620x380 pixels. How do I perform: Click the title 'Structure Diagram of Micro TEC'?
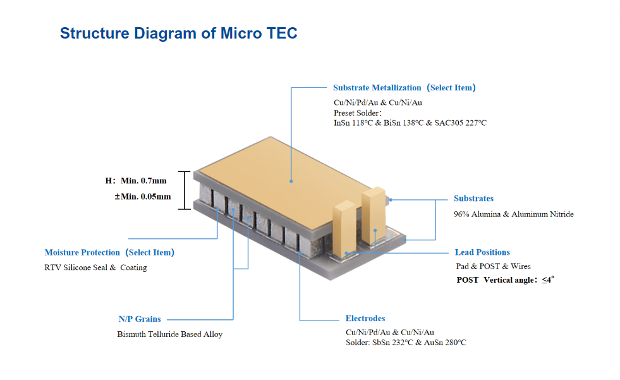(x=178, y=34)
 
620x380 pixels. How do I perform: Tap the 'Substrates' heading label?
(x=473, y=199)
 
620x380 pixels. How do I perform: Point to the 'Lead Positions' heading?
(x=482, y=252)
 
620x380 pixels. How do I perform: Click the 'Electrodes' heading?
(x=365, y=319)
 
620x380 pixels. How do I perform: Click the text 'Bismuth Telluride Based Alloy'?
(x=169, y=334)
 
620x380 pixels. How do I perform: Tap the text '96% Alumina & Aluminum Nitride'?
(x=513, y=214)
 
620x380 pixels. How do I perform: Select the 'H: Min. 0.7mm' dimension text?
(x=136, y=181)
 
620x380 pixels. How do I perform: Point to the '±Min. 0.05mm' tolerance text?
(x=142, y=197)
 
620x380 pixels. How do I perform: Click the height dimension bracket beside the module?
(x=184, y=190)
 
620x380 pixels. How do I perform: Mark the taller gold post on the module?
(x=373, y=215)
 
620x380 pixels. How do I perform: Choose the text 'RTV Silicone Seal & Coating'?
(x=95, y=267)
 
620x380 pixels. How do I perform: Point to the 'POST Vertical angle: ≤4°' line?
(x=505, y=279)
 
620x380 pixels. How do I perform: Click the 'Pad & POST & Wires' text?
(x=493, y=266)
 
